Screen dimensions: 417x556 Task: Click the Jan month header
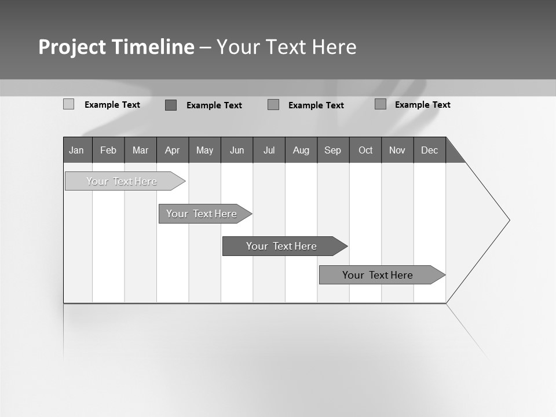pyautogui.click(x=77, y=150)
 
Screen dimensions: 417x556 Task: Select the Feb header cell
pyautogui.click(x=108, y=150)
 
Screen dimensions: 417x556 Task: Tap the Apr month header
pyautogui.click(x=173, y=150)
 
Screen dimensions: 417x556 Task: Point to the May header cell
pyautogui.click(x=204, y=150)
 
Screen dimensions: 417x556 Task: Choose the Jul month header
pyautogui.click(x=269, y=150)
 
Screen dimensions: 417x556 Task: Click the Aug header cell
pyautogui.click(x=301, y=150)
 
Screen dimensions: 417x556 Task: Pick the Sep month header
pyautogui.click(x=333, y=150)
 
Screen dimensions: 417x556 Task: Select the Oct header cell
pyautogui.click(x=365, y=150)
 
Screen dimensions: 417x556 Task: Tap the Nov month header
pyautogui.click(x=397, y=150)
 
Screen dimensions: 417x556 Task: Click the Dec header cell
pyautogui.click(x=430, y=150)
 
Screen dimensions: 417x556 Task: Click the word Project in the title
pyautogui.click(x=72, y=47)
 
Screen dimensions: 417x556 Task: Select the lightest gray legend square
pyautogui.click(x=68, y=104)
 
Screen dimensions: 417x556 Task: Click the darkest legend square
pyautogui.click(x=171, y=105)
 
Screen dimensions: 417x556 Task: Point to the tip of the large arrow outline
pyautogui.click(x=509, y=220)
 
